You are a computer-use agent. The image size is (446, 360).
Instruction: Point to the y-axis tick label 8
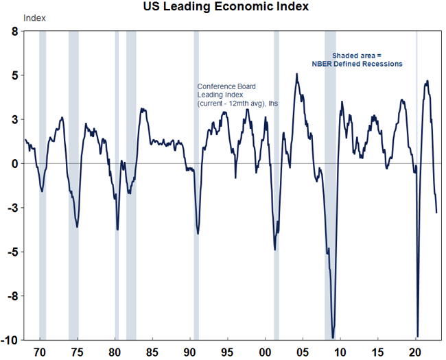(x=14, y=32)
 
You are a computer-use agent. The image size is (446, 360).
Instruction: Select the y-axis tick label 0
(x=14, y=164)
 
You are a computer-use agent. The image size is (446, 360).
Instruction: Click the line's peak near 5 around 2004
(x=296, y=74)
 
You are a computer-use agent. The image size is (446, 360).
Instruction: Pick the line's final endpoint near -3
(x=436, y=212)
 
